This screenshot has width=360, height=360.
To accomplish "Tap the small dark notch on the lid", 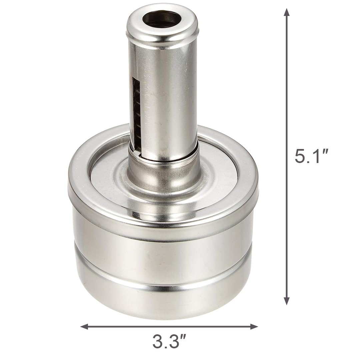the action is click(135, 215).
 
